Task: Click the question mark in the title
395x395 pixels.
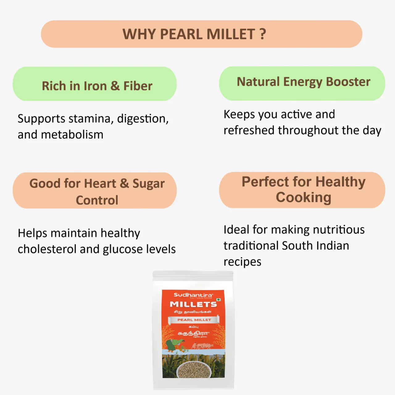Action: click(263, 34)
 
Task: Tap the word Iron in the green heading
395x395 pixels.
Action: click(95, 86)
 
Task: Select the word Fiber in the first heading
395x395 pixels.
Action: click(138, 86)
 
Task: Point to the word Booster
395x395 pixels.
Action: click(348, 82)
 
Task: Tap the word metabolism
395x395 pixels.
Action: click(72, 135)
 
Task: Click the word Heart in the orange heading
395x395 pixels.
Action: click(100, 184)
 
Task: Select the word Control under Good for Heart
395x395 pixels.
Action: click(97, 200)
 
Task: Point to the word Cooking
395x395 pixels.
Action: click(303, 197)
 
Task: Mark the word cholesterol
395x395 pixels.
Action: click(47, 249)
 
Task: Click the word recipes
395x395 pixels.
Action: click(242, 262)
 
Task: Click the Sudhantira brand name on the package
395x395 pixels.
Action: click(193, 295)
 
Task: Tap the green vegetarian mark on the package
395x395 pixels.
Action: click(218, 300)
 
